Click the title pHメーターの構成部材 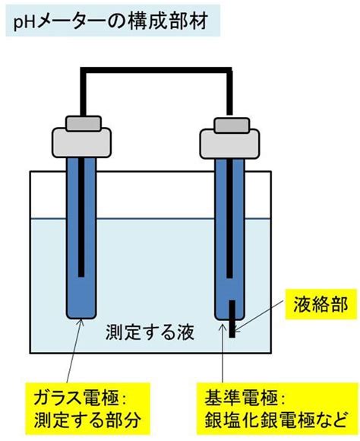tap(111, 21)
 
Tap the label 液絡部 tap(321, 304)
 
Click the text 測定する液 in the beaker tap(150, 332)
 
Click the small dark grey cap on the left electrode tap(84, 123)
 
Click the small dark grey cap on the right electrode tap(232, 125)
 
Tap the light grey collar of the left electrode tap(81, 143)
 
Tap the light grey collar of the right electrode tap(229, 144)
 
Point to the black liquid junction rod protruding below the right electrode tap(232, 319)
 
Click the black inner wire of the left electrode tap(81, 217)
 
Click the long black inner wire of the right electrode tap(229, 218)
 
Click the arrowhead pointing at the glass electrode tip tap(81, 323)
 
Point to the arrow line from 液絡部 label tap(259, 315)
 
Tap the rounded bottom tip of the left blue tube tap(81, 316)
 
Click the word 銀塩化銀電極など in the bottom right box tap(275, 420)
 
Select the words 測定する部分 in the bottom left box tap(87, 420)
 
